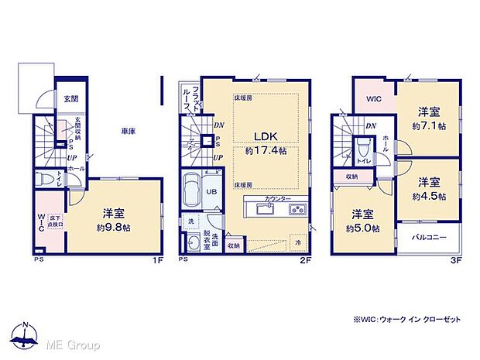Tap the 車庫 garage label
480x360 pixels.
point(129,132)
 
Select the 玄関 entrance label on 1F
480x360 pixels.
point(70,99)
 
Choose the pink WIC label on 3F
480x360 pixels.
point(374,99)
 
